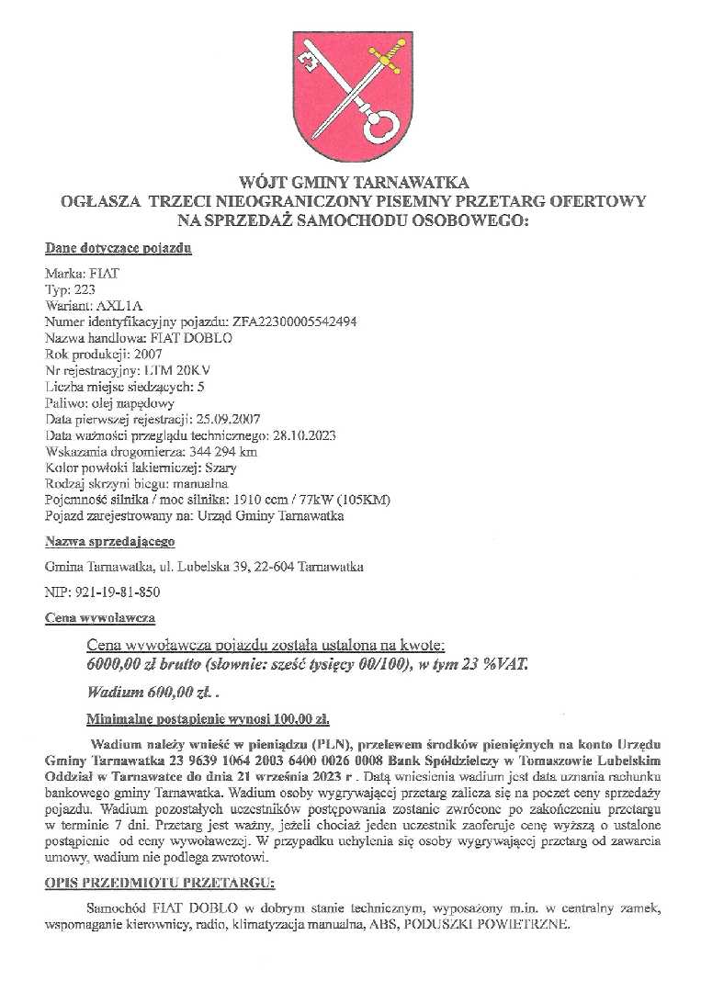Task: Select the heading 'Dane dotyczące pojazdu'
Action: (x=118, y=249)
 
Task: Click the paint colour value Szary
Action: (x=220, y=467)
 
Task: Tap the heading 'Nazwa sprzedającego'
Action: (x=109, y=542)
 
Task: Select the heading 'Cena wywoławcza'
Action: (x=99, y=617)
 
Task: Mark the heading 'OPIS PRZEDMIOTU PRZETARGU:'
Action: (x=160, y=884)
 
